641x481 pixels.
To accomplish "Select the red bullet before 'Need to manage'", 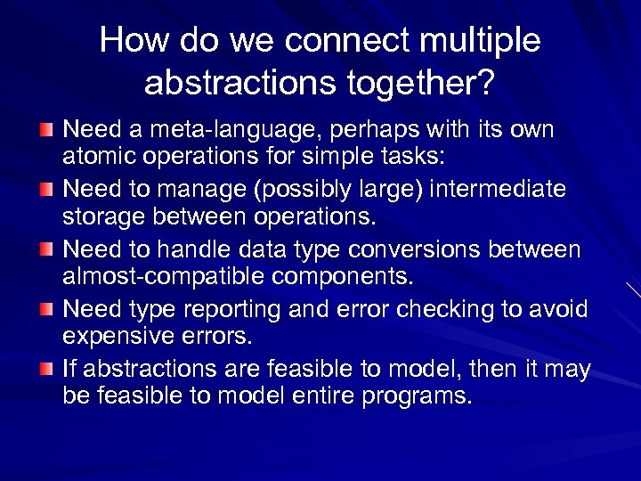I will [46, 191].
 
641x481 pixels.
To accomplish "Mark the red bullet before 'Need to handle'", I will [46, 250].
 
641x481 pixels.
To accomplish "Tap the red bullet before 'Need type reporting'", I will [46, 310].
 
